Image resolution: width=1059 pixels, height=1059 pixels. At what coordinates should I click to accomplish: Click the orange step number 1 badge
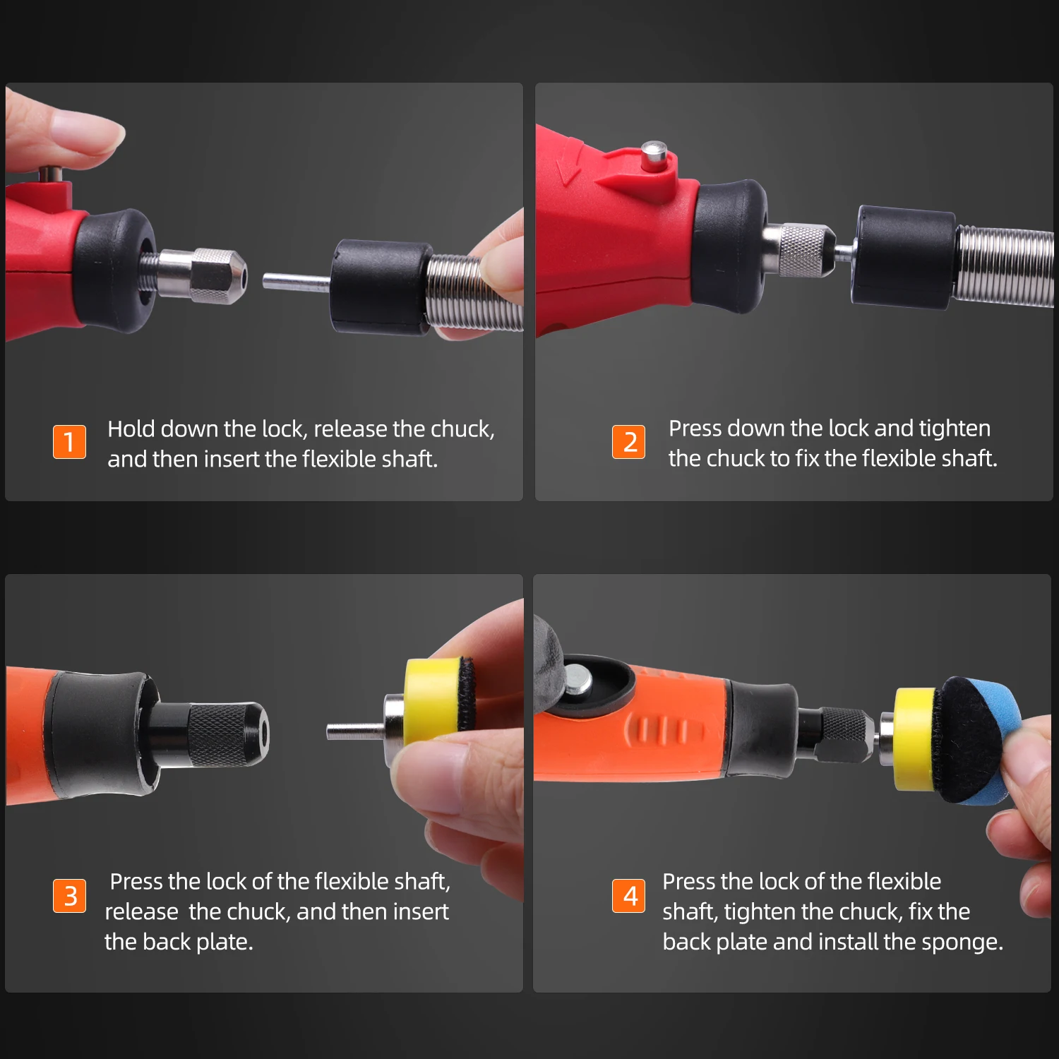coord(69,442)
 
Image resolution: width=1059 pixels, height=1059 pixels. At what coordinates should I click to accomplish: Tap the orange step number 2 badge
coord(628,442)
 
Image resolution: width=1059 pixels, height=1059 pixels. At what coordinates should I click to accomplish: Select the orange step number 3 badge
coord(69,896)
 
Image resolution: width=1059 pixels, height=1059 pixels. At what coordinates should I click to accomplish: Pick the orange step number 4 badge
coord(628,896)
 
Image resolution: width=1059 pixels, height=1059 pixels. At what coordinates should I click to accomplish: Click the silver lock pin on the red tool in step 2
coord(654,155)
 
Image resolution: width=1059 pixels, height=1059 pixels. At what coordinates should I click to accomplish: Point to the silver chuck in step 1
coord(201,276)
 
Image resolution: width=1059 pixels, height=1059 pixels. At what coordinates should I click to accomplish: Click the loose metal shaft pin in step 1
coord(297,282)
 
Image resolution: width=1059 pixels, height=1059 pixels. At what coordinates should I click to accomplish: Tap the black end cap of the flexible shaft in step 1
coord(382,287)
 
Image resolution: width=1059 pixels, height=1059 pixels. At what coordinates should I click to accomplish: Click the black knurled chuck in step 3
coord(222,734)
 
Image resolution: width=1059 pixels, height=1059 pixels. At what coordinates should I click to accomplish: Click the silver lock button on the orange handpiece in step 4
coord(579,678)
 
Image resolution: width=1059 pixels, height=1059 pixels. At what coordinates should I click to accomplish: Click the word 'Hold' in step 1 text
coord(131,429)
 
